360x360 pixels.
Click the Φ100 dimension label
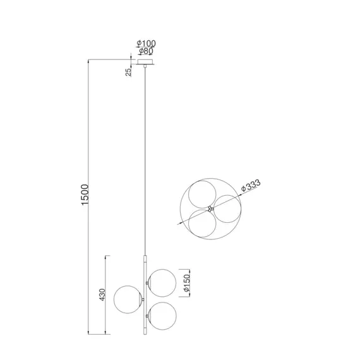(147, 43)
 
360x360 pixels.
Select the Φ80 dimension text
(146, 51)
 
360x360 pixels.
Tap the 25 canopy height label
(129, 72)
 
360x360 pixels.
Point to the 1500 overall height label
(85, 195)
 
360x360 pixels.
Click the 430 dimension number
(102, 294)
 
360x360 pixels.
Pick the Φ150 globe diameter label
(187, 283)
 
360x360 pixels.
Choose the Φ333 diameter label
(251, 185)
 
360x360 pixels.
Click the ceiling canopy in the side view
(145, 62)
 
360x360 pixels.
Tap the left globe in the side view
(128, 299)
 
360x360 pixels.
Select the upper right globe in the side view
(162, 283)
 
